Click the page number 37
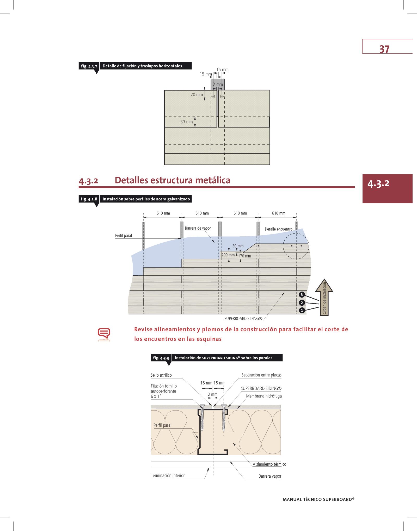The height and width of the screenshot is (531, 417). coord(384,49)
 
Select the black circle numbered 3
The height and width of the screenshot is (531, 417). coord(302,295)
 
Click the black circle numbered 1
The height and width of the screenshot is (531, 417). coord(302,310)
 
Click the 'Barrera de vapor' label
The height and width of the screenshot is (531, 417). coord(198,228)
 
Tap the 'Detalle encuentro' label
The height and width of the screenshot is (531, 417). coord(278,229)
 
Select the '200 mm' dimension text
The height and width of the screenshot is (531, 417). coord(228,255)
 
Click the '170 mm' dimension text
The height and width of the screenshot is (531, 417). coord(245,256)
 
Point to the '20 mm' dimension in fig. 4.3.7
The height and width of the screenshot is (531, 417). coord(197,95)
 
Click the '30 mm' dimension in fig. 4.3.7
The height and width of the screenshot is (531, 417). coord(187,122)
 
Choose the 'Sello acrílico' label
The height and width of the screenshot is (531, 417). coord(161,375)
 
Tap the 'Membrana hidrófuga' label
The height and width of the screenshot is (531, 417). coord(264,396)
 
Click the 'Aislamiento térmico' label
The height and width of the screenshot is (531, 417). coord(269,464)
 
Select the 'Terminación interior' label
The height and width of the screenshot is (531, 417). coord(168,476)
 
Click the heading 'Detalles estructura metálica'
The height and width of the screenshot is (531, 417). coord(172,180)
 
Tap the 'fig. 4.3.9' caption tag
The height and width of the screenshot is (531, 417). coord(161,358)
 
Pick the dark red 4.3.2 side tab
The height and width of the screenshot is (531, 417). coord(387,188)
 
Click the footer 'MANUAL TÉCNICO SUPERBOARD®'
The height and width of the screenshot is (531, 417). coord(318,499)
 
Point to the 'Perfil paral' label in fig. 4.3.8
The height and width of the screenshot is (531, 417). coord(124,236)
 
